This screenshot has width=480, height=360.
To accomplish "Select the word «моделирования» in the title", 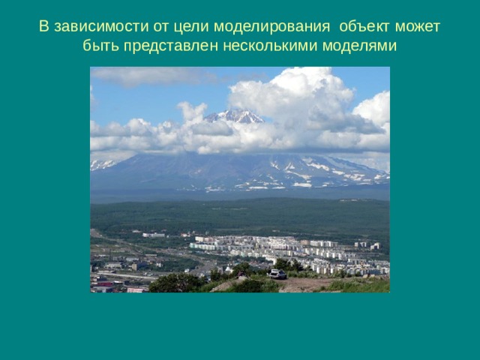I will point(261,28).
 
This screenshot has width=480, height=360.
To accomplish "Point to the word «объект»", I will point(364,28).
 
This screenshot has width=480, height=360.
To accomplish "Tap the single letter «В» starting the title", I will point(43,28).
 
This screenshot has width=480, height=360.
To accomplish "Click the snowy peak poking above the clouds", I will point(235,115).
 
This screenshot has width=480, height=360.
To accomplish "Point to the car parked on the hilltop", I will point(278,274).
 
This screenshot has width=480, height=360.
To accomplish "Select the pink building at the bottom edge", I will point(137,289).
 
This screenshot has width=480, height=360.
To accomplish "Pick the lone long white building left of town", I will point(153,235).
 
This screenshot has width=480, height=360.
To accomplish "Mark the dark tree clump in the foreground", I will point(177,283).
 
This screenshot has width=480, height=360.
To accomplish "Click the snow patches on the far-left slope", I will point(101,164).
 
